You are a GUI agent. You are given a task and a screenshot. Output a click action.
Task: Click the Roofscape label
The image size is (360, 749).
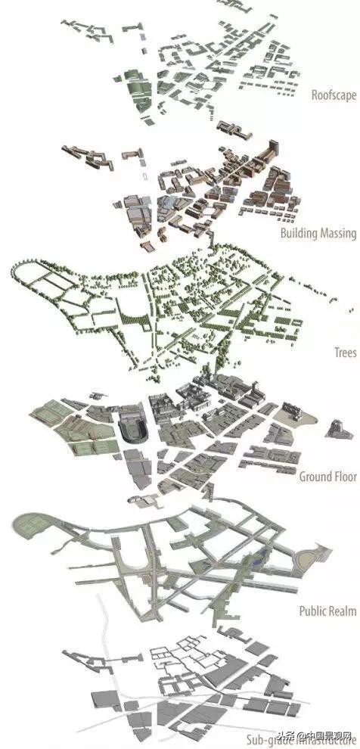coord(333,95)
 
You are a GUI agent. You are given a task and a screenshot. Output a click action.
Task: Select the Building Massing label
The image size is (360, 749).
coord(318,233)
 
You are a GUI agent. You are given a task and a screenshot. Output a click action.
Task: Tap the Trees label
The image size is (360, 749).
coord(345,353)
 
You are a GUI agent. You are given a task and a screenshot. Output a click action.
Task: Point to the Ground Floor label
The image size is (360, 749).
coord(327,477)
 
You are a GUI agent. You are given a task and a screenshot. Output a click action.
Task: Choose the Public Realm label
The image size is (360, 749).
coord(327,611)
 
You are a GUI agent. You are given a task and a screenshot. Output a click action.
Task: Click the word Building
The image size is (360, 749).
coord(299,233)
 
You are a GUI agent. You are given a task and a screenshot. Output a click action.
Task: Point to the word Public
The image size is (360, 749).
coord(312,611)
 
